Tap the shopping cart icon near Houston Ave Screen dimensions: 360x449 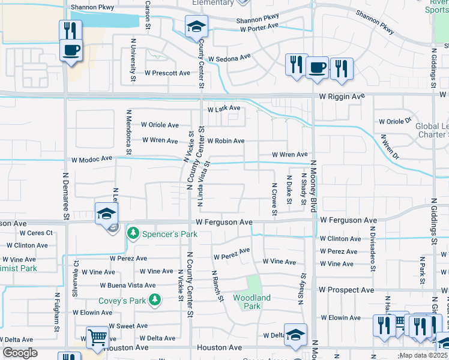click(97, 338)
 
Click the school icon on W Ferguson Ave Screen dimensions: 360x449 click(106, 214)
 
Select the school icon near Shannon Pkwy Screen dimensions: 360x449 click(196, 27)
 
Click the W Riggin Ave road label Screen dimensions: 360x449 click(342, 96)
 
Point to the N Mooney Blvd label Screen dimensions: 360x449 click(313, 185)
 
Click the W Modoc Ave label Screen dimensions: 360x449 click(92, 160)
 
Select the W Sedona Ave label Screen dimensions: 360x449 click(229, 58)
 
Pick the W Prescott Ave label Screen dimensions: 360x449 click(167, 73)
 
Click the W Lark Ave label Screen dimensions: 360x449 click(223, 109)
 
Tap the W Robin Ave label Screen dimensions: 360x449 click(226, 141)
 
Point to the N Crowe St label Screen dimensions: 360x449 click(274, 199)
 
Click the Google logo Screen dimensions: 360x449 click(20, 353)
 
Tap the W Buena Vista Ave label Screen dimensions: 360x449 click(127, 286)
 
